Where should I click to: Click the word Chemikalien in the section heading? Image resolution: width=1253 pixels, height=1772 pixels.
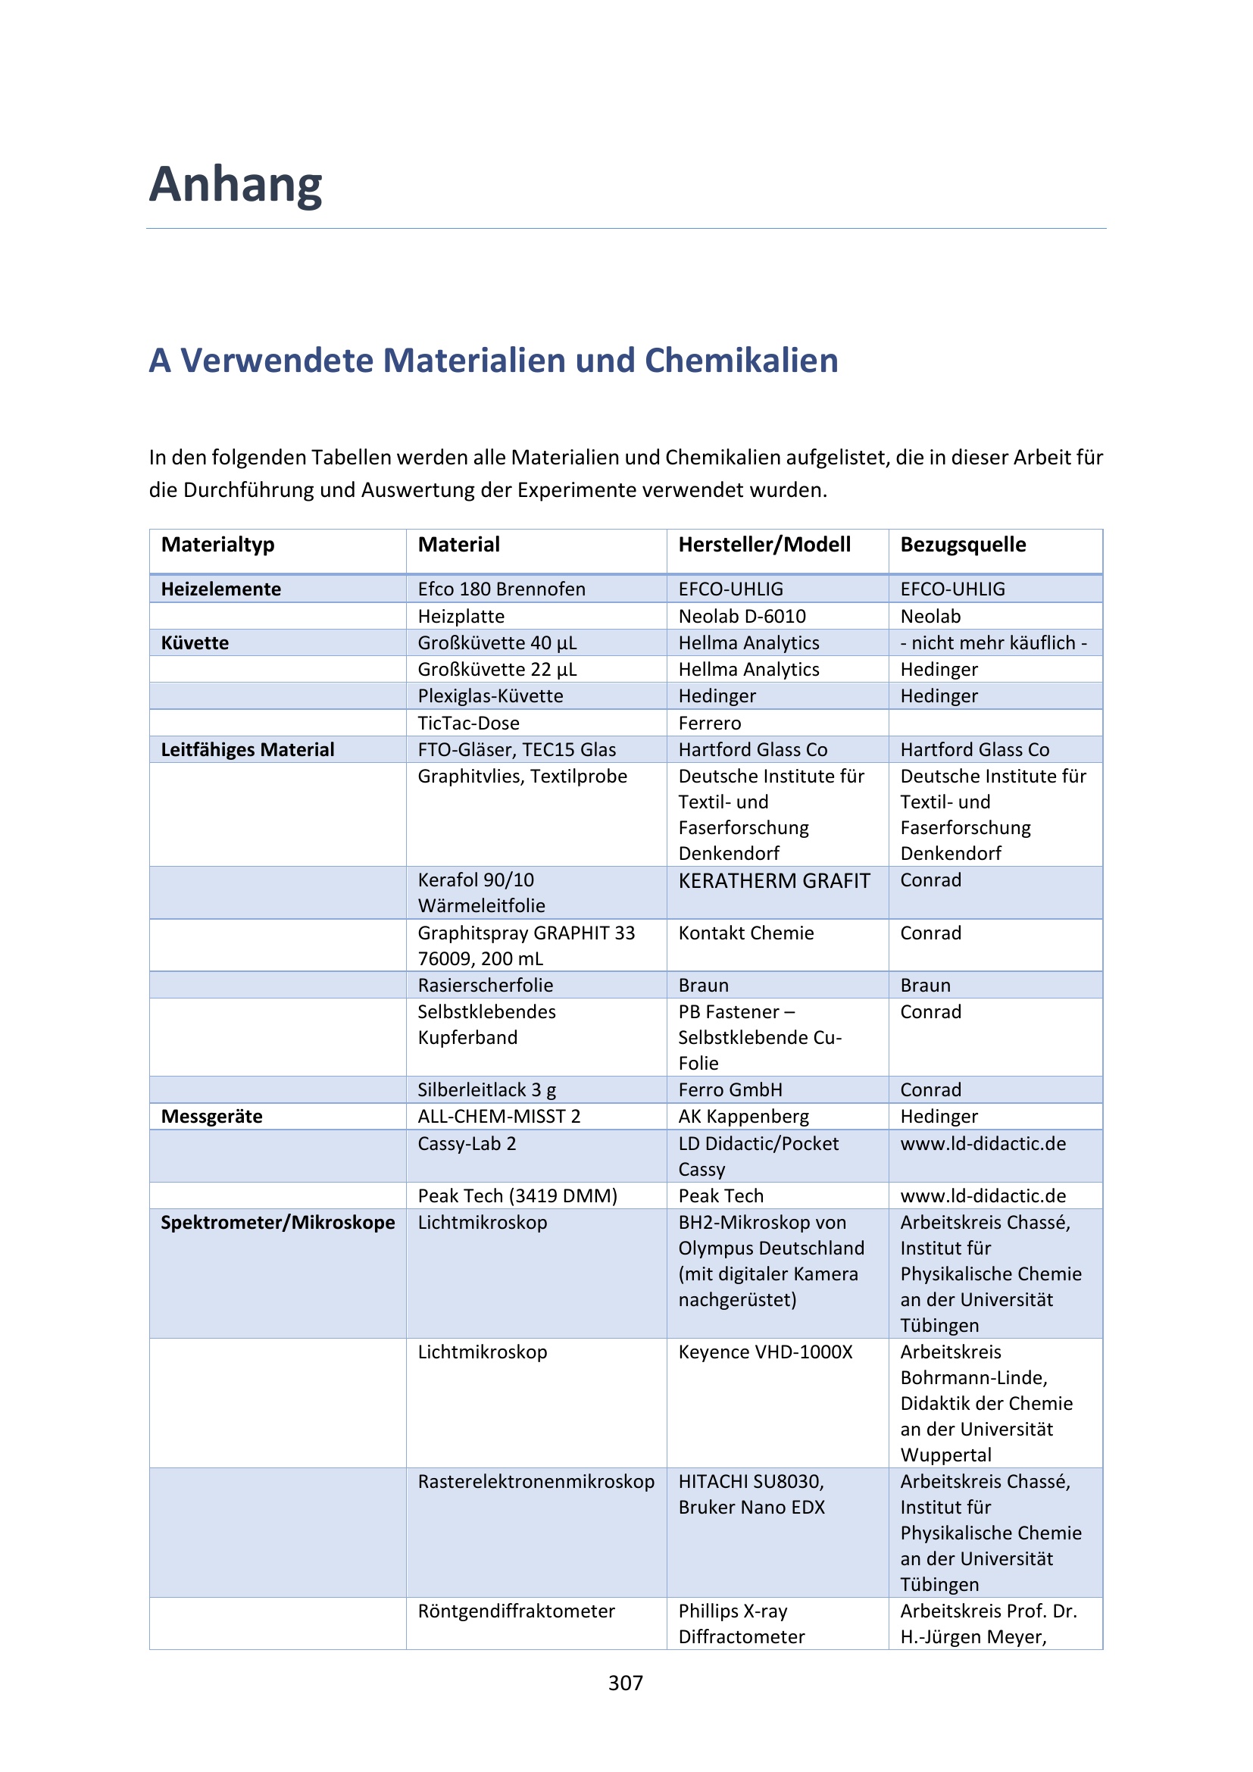pos(741,361)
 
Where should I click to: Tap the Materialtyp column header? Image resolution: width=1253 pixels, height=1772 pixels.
pos(217,545)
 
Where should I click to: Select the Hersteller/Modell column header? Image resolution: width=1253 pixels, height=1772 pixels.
pos(764,545)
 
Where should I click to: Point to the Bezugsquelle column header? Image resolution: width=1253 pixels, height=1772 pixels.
pos(963,545)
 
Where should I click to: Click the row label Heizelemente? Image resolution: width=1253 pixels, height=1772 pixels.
pos(220,589)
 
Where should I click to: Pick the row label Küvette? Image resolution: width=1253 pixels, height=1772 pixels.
pos(195,643)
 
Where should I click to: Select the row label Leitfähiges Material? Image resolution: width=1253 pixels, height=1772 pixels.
pos(247,749)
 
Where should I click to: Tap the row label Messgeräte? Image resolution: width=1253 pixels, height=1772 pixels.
pos(211,1116)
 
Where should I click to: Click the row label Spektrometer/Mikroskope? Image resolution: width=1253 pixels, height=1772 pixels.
pos(277,1223)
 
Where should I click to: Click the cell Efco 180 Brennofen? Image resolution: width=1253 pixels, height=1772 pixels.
pos(502,589)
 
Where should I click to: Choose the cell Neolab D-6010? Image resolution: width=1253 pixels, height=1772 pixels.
pos(742,617)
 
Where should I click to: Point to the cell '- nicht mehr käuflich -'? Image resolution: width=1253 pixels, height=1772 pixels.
pos(993,643)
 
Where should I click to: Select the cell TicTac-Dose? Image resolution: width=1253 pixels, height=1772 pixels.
pos(468,723)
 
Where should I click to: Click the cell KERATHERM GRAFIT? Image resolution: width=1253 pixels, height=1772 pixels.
pos(774,880)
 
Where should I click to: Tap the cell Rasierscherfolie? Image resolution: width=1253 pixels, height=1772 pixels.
pos(486,986)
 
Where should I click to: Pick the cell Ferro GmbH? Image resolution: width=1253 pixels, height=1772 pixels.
pos(730,1089)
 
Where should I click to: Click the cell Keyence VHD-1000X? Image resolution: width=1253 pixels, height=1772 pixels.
pos(765,1352)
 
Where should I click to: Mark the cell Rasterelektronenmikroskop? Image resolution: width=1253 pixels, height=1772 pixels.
pos(536,1482)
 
